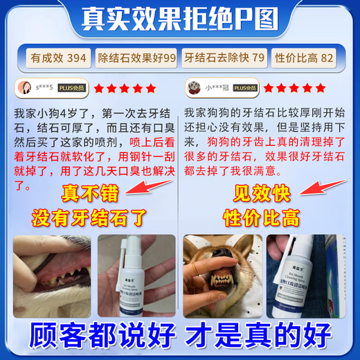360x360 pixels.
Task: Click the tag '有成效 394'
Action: coord(57,59)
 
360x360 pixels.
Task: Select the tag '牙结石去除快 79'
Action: coord(224,59)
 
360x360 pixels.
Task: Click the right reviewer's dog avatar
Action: coord(192,89)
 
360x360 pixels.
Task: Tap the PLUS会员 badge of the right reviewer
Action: coord(246,89)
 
